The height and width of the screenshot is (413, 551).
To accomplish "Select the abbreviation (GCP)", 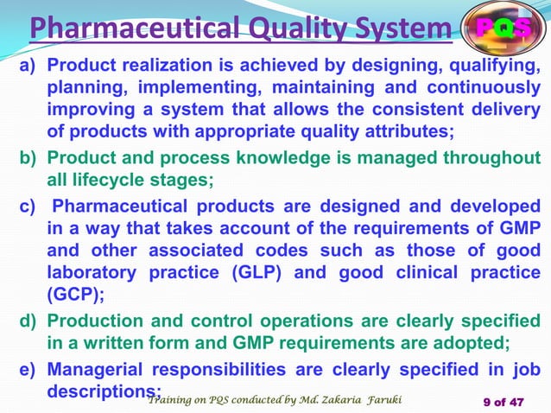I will pyautogui.click(x=73, y=296).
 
